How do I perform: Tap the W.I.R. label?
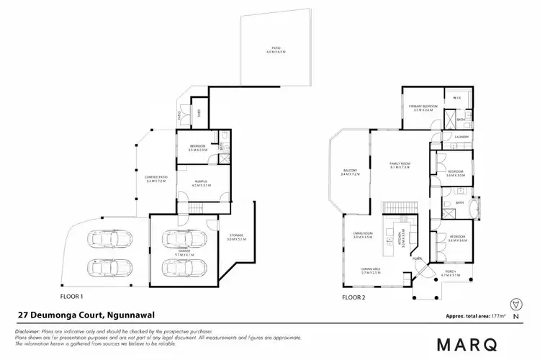pyautogui.click(x=457, y=98)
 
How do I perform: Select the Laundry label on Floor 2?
pyautogui.click(x=463, y=137)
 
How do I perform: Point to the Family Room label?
pyautogui.click(x=399, y=165)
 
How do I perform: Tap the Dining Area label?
pyautogui.click(x=372, y=271)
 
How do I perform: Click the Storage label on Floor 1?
pyautogui.click(x=237, y=236)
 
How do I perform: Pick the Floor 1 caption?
pyautogui.click(x=73, y=295)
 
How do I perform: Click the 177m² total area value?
pyautogui.click(x=494, y=316)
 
